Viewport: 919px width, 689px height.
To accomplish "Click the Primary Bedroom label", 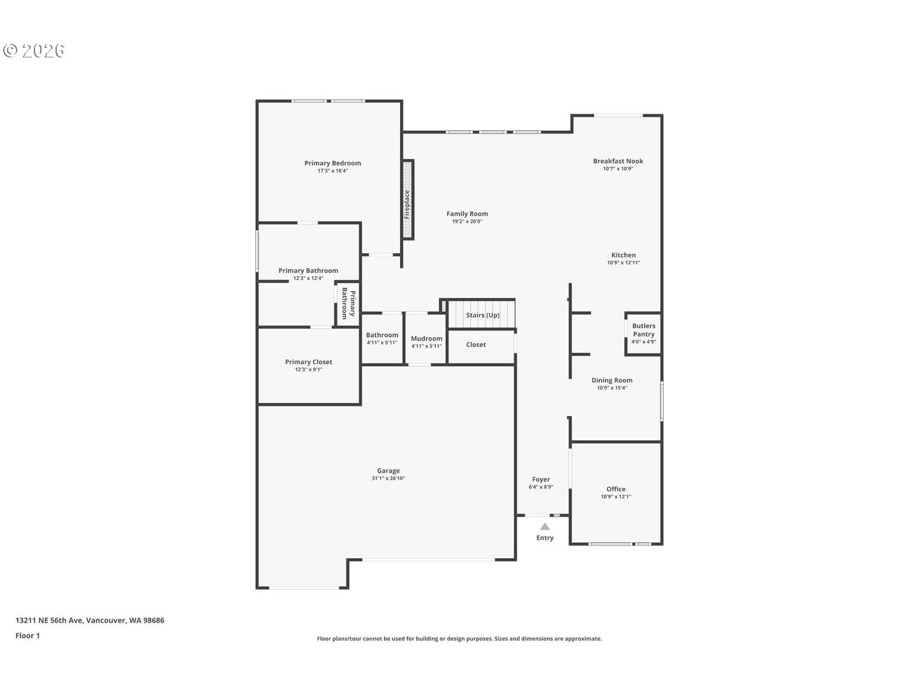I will pyautogui.click(x=332, y=163).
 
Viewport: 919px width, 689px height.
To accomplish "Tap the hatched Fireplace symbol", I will pyautogui.click(x=407, y=199).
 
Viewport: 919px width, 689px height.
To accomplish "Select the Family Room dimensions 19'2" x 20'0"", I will pyautogui.click(x=467, y=222).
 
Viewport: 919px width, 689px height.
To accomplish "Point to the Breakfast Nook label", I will pyautogui.click(x=618, y=161).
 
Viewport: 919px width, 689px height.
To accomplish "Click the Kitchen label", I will pyautogui.click(x=624, y=255).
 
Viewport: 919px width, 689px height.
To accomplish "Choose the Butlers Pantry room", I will pyautogui.click(x=643, y=333).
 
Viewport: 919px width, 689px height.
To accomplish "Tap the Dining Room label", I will pyautogui.click(x=611, y=380).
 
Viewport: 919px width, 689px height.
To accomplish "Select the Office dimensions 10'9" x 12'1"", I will pyautogui.click(x=616, y=497).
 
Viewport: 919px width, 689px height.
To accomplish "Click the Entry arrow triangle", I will pyautogui.click(x=545, y=526).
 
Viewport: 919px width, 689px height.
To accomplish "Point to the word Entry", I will pyautogui.click(x=545, y=538).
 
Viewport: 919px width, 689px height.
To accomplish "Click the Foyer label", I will pyautogui.click(x=541, y=480).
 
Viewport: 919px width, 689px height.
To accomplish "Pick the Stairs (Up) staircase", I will pyautogui.click(x=482, y=315).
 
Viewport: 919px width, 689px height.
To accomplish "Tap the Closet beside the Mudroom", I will pyautogui.click(x=475, y=344).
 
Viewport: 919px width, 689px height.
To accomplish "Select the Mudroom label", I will pyautogui.click(x=426, y=339).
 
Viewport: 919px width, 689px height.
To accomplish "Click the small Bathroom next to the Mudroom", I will pyautogui.click(x=382, y=338).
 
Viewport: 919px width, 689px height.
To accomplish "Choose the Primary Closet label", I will pyautogui.click(x=308, y=362).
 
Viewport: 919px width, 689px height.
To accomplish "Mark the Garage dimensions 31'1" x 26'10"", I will pyautogui.click(x=388, y=478).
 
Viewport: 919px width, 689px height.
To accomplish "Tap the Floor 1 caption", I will pyautogui.click(x=27, y=635).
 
